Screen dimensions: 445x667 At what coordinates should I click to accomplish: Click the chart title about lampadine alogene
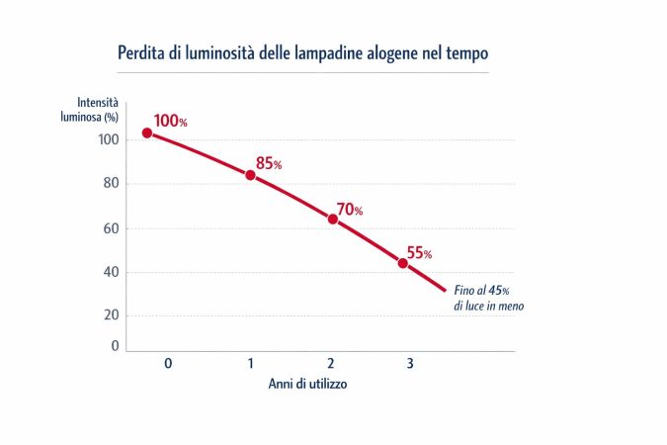click(x=302, y=51)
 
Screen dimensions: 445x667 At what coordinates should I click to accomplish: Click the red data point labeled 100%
click(x=146, y=133)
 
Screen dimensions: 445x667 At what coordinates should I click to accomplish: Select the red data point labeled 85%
click(x=250, y=175)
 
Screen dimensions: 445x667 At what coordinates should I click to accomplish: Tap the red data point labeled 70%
click(x=332, y=219)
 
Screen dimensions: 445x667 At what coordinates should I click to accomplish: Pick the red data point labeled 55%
click(x=402, y=263)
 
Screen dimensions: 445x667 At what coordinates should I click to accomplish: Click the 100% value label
click(x=170, y=121)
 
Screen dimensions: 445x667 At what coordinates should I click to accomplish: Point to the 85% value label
click(x=268, y=163)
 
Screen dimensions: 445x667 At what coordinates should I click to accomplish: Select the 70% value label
click(x=350, y=210)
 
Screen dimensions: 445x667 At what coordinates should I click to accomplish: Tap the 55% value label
click(x=419, y=253)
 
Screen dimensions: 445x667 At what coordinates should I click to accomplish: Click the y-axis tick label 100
click(x=109, y=140)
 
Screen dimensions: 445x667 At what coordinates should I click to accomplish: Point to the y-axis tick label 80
click(x=112, y=184)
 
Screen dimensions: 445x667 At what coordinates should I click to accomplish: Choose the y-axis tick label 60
click(x=112, y=228)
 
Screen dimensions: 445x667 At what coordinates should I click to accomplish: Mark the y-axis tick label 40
click(x=112, y=272)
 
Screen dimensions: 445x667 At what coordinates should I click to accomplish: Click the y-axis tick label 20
click(x=112, y=315)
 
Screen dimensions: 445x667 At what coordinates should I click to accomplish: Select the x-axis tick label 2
click(x=331, y=364)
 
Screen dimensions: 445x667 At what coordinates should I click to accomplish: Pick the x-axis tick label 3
click(x=410, y=364)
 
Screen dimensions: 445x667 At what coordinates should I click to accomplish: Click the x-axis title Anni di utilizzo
click(x=306, y=385)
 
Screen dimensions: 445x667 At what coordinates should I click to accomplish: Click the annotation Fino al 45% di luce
click(x=488, y=299)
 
